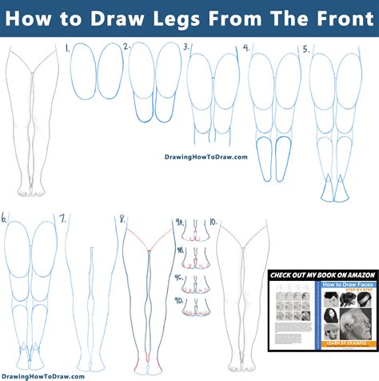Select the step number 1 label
67,49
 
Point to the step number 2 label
126,48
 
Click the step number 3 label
186,48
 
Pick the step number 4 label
247,49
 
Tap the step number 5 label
305,49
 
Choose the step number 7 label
63,217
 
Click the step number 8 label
122,218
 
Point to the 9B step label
182,251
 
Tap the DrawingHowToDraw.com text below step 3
206,157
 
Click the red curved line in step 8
149,235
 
